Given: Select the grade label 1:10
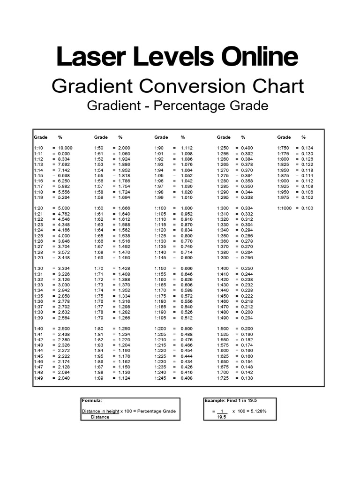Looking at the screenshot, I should (38, 148).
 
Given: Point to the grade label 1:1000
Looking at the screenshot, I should (285, 208).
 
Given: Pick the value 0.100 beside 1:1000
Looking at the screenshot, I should (307, 208).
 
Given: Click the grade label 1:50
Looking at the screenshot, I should (98, 148).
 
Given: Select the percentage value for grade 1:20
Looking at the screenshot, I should (65, 208).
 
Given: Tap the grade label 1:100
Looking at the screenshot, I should (160, 208).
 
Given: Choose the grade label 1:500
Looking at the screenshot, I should (223, 329).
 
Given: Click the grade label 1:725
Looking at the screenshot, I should (223, 378).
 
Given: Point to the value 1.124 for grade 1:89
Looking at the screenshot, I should (123, 378).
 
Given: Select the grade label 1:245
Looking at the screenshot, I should (160, 378).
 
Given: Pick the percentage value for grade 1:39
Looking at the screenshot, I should (65, 317).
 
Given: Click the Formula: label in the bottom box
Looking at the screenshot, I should (91, 401).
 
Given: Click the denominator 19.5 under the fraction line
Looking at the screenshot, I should (221, 417).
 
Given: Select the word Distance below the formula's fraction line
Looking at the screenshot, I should (100, 417).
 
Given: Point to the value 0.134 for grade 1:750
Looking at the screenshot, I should (307, 148).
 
